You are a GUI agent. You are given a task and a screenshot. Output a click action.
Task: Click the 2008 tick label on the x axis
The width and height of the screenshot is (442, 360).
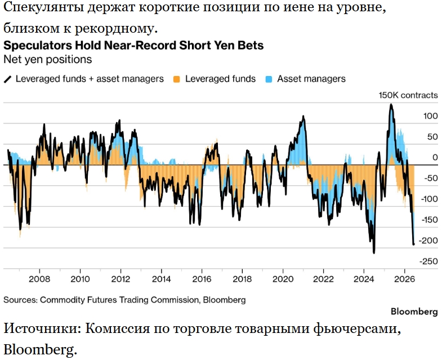click(39, 279)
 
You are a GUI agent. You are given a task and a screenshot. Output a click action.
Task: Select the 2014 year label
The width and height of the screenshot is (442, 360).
click(161, 279)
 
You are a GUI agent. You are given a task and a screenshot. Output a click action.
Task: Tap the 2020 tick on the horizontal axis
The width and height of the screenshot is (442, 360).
click(283, 279)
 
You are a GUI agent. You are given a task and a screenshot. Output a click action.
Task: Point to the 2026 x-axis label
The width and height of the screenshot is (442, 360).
click(404, 279)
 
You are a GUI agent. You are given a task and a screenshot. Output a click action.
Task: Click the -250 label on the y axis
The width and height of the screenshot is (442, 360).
click(428, 261)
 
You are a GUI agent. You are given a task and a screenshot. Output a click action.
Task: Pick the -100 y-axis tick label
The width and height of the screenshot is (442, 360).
click(429, 199)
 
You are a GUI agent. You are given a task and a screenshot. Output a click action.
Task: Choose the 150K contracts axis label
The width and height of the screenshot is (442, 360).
click(408, 95)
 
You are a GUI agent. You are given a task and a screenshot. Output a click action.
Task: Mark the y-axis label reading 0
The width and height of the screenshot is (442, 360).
click(435, 157)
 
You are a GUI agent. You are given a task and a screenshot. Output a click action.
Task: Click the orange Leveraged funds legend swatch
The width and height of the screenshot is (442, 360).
click(177, 79)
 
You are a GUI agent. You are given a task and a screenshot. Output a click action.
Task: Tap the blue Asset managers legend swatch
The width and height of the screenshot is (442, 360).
click(269, 79)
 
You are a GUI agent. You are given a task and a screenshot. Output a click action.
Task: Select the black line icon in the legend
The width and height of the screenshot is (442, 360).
click(8, 79)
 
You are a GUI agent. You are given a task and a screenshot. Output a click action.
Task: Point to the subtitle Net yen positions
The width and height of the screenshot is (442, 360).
click(48, 60)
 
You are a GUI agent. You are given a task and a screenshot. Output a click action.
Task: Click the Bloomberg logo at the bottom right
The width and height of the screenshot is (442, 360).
click(414, 312)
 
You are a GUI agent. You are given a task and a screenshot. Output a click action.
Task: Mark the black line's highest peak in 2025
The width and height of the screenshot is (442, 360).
click(391, 104)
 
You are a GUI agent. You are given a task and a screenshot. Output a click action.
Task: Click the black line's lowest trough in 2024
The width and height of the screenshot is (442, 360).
click(374, 253)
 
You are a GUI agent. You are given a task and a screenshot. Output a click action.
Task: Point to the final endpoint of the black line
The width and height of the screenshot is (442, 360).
click(414, 245)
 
